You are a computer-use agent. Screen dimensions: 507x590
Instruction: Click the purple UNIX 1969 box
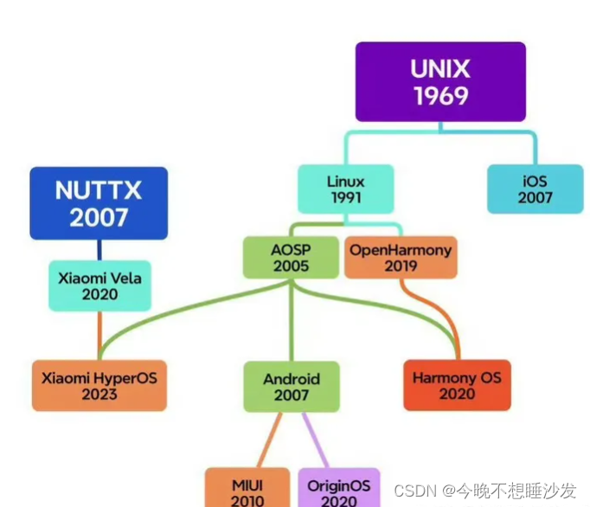coord(439,81)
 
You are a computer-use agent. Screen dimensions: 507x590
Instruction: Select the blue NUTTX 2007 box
coord(99,202)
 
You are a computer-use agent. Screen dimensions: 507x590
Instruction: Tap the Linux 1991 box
coord(345,189)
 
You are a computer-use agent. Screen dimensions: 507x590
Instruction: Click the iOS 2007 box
coord(535,189)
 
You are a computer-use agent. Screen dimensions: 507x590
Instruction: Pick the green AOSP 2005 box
coord(291,258)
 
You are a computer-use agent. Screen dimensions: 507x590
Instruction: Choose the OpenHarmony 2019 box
coord(400,258)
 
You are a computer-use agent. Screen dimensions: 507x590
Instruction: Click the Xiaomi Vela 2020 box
coord(99,286)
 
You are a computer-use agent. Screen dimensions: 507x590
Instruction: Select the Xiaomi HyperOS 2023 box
coord(99,385)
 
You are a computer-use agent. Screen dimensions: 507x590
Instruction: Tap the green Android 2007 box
coord(291,387)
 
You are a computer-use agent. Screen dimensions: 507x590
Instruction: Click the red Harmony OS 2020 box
coord(457,385)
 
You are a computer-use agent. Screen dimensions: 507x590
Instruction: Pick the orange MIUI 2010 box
coord(247,489)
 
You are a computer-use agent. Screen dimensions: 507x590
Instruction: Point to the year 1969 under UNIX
coord(440,96)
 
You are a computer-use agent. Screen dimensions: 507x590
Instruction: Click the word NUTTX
coord(98,189)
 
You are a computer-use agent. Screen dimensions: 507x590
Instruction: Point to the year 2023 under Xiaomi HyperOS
coord(99,394)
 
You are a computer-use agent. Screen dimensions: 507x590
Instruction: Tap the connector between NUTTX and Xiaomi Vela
coord(99,250)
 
